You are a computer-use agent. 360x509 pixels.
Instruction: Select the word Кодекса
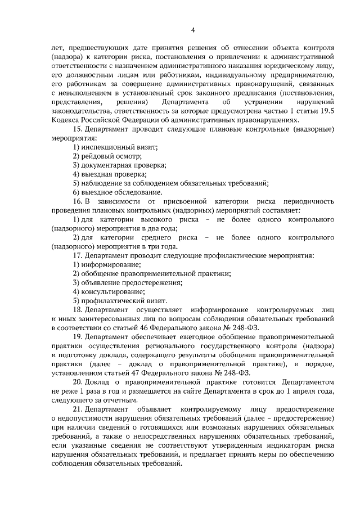pyautogui.click(x=66, y=120)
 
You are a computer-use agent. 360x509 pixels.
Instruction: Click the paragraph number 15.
pyautogui.click(x=78, y=129)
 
